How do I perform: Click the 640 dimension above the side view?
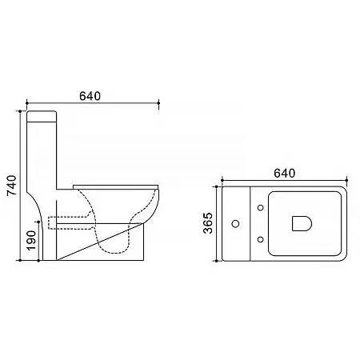point(90,96)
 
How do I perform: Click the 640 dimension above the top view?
point(285,174)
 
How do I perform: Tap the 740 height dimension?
point(11,186)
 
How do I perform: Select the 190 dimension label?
point(31,240)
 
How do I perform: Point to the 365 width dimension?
point(208,223)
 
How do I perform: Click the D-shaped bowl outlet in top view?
point(302,223)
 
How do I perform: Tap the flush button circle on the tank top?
point(235,223)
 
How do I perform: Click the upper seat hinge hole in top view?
point(261,207)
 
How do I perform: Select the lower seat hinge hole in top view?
point(261,239)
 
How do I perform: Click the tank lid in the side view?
point(42,116)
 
